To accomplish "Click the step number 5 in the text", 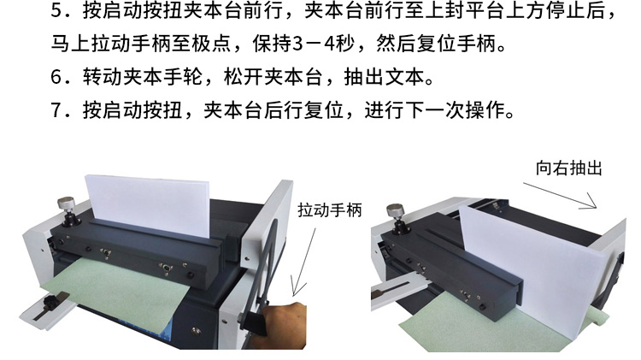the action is point(56,11).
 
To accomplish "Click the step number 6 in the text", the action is point(56,77).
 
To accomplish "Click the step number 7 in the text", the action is point(56,110).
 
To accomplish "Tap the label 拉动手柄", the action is point(330,210).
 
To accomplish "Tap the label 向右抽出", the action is point(568,168).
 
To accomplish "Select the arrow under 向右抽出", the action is point(560,196).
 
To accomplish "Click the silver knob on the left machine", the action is point(66,203).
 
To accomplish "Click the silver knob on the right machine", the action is point(396,210).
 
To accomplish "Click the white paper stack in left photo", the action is point(147,204).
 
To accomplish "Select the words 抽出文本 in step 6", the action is point(384,77).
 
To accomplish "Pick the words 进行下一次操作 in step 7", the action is point(435,110).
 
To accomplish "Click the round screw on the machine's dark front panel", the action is point(197,332).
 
